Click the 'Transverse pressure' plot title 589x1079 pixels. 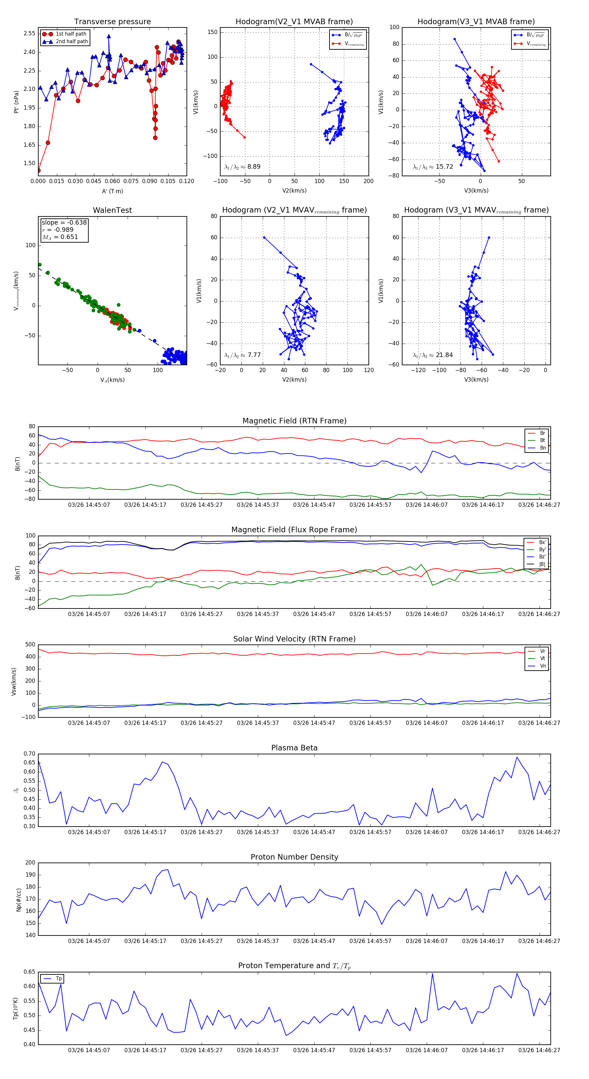(x=112, y=22)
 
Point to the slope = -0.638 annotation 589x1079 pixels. (x=64, y=222)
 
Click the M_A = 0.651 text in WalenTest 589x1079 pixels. (x=60, y=237)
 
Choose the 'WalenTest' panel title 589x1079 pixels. (x=112, y=210)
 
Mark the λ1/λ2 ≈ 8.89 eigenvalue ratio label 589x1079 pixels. (x=242, y=167)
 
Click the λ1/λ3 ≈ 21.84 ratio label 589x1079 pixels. (x=433, y=355)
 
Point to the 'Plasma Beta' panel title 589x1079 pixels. (x=294, y=748)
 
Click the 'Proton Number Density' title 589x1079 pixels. (x=294, y=857)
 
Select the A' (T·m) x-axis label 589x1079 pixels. (x=112, y=191)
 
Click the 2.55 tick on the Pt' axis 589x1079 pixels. (x=29, y=33)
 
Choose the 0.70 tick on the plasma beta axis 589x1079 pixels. (x=29, y=754)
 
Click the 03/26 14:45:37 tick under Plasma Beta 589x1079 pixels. (x=258, y=832)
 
